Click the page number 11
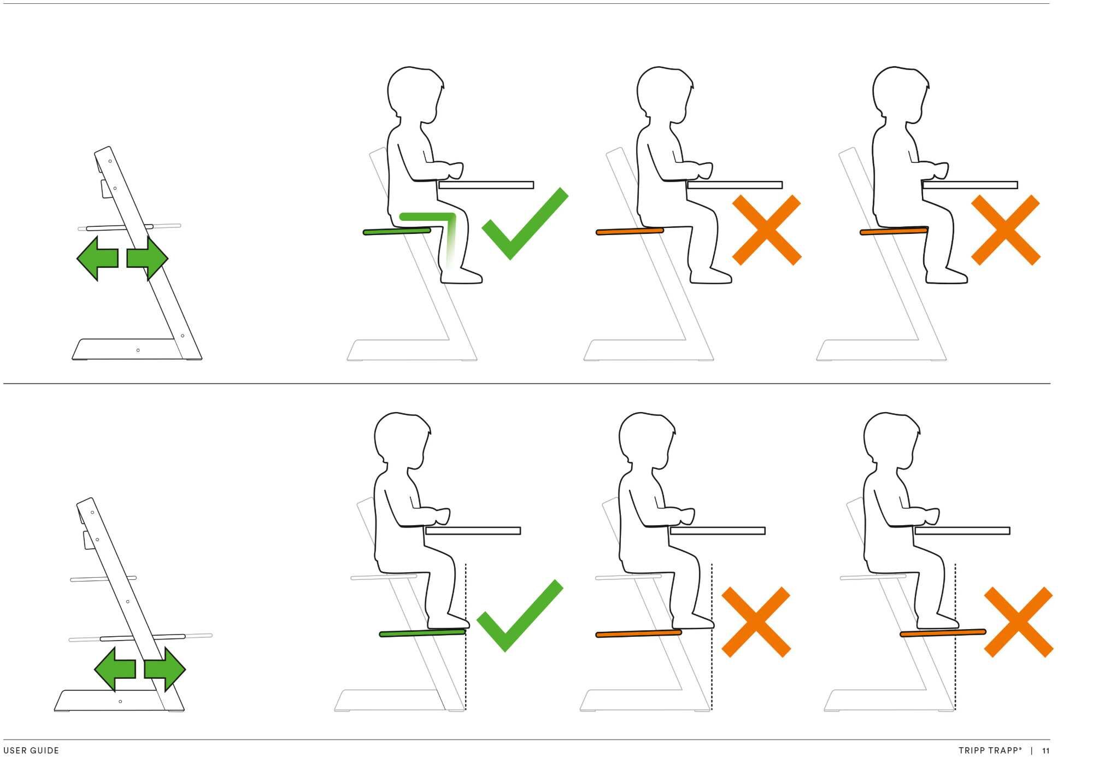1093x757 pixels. point(1045,750)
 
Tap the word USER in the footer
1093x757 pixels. point(14,750)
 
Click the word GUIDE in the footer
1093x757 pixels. point(45,750)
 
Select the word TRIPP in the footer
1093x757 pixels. point(972,750)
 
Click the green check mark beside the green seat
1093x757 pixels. point(525,224)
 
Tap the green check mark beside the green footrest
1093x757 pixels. point(520,615)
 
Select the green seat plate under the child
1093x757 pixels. point(397,232)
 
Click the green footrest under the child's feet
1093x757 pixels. point(422,633)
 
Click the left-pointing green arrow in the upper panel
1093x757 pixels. point(97,258)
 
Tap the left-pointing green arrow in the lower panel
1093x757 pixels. point(115,669)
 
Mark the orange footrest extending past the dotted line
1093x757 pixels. point(943,633)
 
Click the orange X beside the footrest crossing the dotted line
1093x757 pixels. point(1018,622)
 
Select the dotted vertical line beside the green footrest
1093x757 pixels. point(466,636)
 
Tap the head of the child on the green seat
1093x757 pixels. point(415,97)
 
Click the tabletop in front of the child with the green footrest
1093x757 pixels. point(473,531)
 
